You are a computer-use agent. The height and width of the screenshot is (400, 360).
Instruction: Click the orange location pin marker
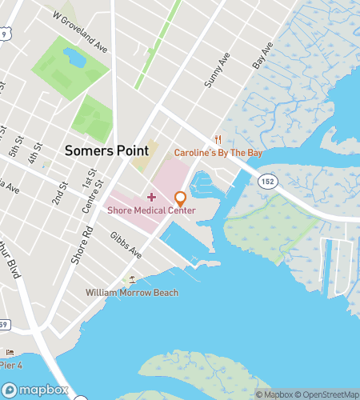[x=181, y=198]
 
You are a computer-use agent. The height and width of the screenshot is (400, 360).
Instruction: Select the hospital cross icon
[x=151, y=197]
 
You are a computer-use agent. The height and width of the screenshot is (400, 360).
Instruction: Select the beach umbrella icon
[x=132, y=279]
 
